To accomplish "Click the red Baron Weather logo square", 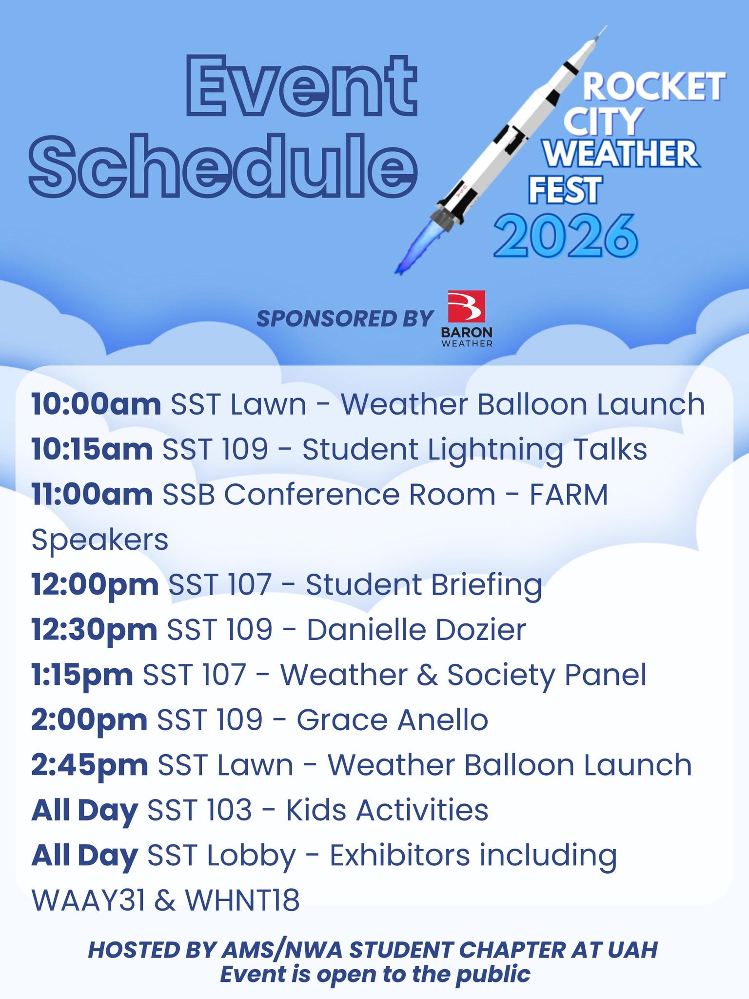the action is [x=467, y=307].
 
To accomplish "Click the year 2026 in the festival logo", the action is [x=566, y=236].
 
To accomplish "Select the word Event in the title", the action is [x=303, y=85].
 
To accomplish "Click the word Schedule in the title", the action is [x=223, y=165].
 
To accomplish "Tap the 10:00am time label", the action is [x=96, y=404].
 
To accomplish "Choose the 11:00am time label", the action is [x=92, y=495].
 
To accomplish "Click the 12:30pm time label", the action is [x=95, y=630].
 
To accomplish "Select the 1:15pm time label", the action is [x=82, y=675].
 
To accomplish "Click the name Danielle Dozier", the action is [x=416, y=630].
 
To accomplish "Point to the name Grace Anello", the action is [x=393, y=720].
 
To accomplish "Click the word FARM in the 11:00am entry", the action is [x=569, y=495].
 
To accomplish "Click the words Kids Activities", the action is [x=387, y=810].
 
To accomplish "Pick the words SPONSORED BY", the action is [x=345, y=319].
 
